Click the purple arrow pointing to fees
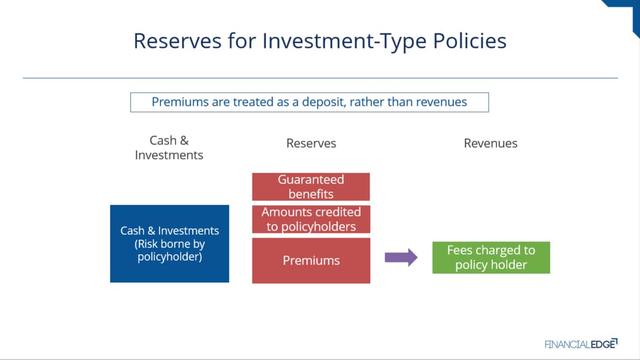(401, 258)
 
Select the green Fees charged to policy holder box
(491, 258)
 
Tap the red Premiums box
(311, 261)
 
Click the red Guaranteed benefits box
(311, 187)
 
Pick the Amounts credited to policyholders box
(311, 219)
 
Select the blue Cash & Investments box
(170, 244)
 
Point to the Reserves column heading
(311, 143)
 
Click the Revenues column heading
(491, 143)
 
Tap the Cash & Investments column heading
(169, 148)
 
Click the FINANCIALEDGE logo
(581, 343)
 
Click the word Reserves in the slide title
(178, 41)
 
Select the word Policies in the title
(470, 41)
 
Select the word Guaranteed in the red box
(311, 180)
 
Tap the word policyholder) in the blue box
(170, 257)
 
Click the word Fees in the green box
(459, 250)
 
